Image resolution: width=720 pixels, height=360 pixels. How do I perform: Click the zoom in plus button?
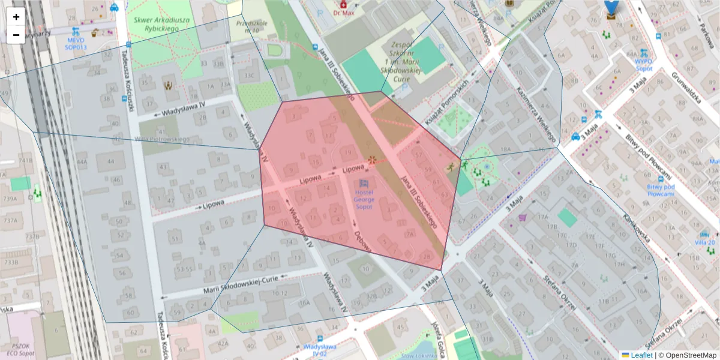point(16,17)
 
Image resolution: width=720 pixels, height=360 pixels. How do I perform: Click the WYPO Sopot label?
point(644,64)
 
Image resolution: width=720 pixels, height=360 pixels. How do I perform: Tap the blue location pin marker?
point(611,7)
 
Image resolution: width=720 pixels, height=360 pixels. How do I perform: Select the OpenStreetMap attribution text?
point(690,355)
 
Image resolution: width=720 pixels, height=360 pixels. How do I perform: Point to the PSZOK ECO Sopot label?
point(20,350)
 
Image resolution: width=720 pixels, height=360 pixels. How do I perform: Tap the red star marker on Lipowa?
point(372,160)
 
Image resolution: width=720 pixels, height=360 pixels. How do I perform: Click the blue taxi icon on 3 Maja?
point(575,136)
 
